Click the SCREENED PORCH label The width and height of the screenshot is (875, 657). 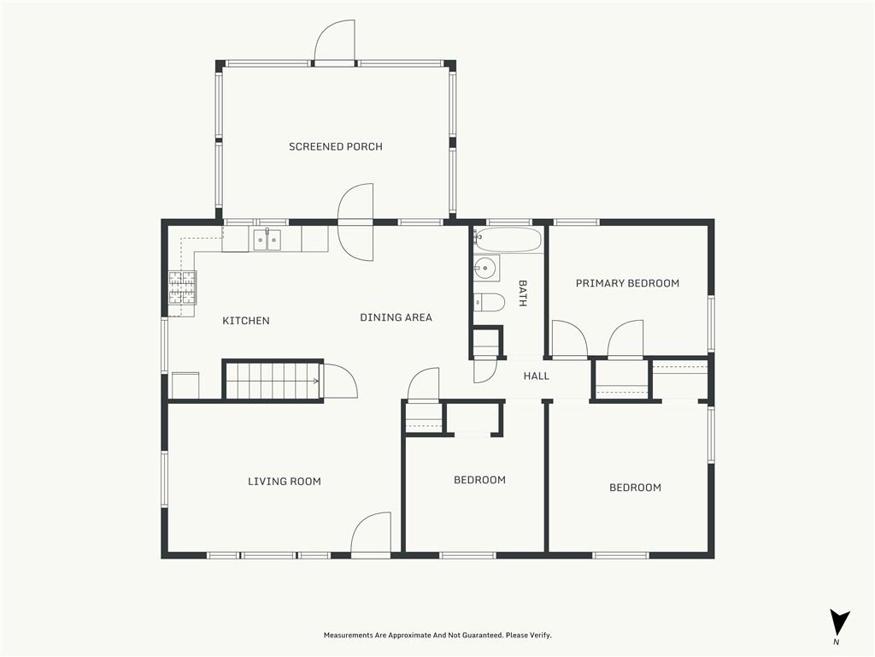[335, 147]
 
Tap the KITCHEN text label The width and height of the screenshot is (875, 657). [246, 321]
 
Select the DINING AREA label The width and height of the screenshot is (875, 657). [396, 317]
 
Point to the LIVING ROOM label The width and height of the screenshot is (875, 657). [284, 481]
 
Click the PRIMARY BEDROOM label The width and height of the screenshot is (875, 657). [627, 283]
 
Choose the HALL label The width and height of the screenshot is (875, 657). [537, 376]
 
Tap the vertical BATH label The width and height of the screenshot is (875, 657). [523, 293]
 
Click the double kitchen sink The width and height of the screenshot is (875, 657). [267, 240]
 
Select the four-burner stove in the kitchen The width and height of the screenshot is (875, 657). [183, 287]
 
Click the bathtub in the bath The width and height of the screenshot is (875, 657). [508, 240]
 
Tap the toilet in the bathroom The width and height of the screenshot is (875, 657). [489, 302]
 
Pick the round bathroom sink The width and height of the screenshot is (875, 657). [486, 269]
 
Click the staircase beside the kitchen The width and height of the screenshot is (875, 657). [273, 381]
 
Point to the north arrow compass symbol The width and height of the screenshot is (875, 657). [839, 622]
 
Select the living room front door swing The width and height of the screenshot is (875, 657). [371, 534]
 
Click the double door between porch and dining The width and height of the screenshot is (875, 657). [355, 222]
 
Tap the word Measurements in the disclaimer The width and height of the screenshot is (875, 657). [348, 636]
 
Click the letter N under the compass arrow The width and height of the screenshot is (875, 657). [836, 642]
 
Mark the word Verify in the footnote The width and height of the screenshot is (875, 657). [541, 636]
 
